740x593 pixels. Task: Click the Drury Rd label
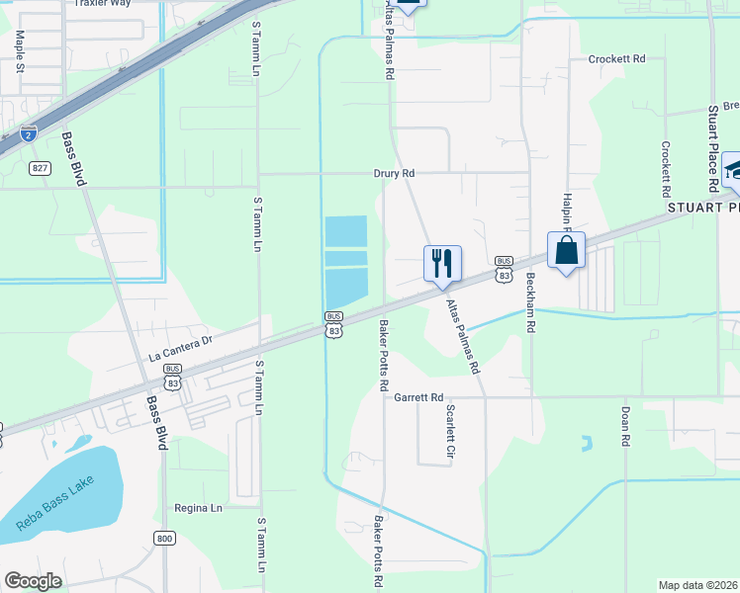pos(394,173)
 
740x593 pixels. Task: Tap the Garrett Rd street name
pos(418,397)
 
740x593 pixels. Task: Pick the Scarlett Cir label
pos(450,432)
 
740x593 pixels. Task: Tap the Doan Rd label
pos(625,427)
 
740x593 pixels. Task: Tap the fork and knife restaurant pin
pos(442,263)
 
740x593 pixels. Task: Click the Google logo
pos(34,581)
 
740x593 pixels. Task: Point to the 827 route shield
pos(40,168)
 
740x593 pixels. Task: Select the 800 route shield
pos(164,538)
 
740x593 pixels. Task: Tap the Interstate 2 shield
pos(28,131)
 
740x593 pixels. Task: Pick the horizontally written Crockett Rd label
pos(616,59)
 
